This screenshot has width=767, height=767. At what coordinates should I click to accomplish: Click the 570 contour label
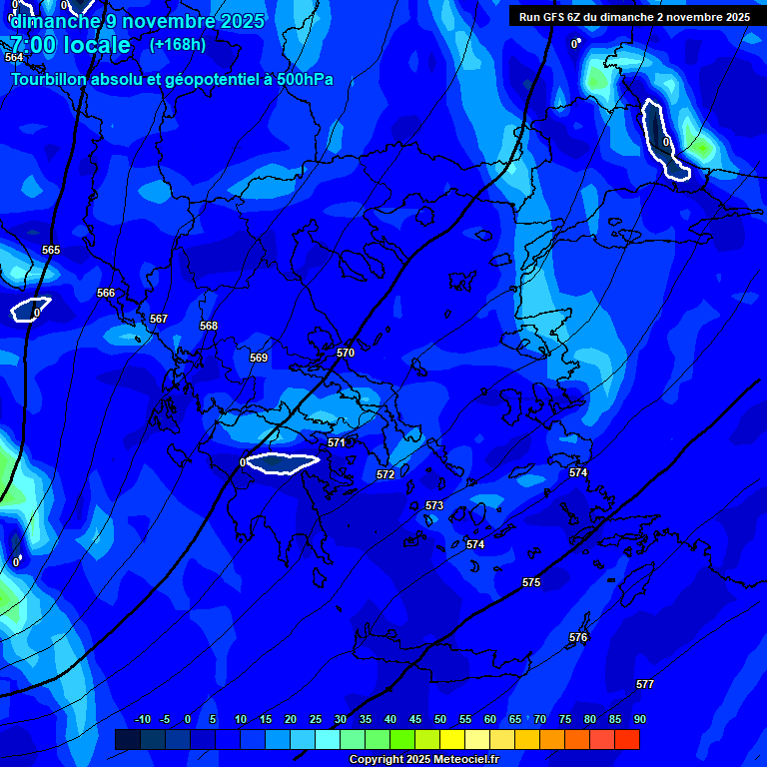[x=346, y=353]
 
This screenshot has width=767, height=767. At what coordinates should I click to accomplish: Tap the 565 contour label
[x=51, y=250]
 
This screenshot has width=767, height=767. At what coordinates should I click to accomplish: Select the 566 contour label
[x=106, y=293]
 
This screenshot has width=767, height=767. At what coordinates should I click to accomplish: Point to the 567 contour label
[x=159, y=319]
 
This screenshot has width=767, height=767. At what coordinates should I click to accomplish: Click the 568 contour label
[x=209, y=326]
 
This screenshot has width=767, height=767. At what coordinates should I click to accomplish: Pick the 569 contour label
[x=259, y=358]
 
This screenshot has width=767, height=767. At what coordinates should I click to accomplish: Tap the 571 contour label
[x=337, y=442]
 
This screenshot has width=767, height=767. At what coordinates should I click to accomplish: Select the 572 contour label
[x=385, y=474]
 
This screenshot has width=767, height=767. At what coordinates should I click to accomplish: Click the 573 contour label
[x=434, y=505]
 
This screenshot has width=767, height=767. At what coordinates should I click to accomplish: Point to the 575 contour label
[x=531, y=582]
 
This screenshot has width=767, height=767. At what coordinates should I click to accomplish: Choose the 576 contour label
[x=578, y=637]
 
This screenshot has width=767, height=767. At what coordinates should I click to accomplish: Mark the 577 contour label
[x=645, y=684]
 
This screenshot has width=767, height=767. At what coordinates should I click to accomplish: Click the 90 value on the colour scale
[x=639, y=719]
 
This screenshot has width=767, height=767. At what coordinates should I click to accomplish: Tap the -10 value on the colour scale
[x=142, y=719]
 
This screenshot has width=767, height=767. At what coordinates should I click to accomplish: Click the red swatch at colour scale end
[x=626, y=739]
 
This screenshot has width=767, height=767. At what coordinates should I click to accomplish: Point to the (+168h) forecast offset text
[x=178, y=44]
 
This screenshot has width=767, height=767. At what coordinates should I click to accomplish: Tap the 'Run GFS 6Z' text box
[x=634, y=17]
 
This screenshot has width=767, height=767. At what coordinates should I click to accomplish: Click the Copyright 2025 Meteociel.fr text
[x=423, y=759]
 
